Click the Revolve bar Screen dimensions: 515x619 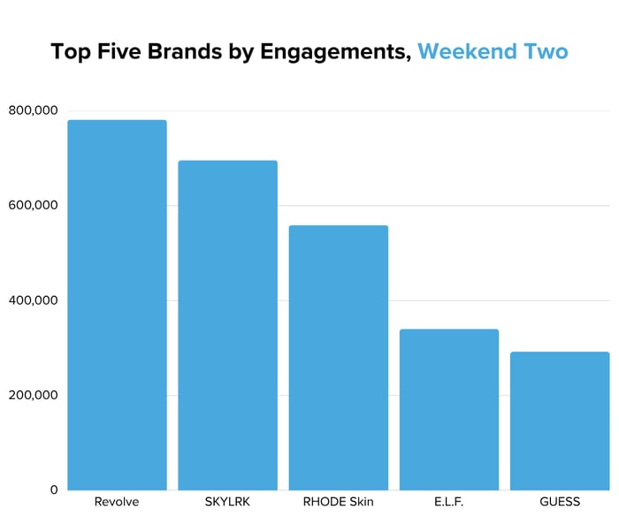pyautogui.click(x=117, y=305)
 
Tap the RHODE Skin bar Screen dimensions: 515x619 pyautogui.click(x=338, y=358)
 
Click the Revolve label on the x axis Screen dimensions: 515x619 pyautogui.click(x=117, y=502)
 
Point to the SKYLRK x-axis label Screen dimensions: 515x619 pyautogui.click(x=227, y=502)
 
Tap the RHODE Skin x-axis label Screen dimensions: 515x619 pyautogui.click(x=338, y=502)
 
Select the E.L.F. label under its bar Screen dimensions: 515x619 pyautogui.click(x=449, y=502)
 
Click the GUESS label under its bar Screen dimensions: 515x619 pyautogui.click(x=560, y=502)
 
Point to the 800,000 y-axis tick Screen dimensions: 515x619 pyautogui.click(x=33, y=110)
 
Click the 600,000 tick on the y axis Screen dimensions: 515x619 pyautogui.click(x=33, y=206)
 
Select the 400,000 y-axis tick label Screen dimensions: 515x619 pyautogui.click(x=33, y=300)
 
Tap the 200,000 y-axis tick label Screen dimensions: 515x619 pyautogui.click(x=33, y=395)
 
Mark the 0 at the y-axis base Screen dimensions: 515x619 pyautogui.click(x=53, y=489)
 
